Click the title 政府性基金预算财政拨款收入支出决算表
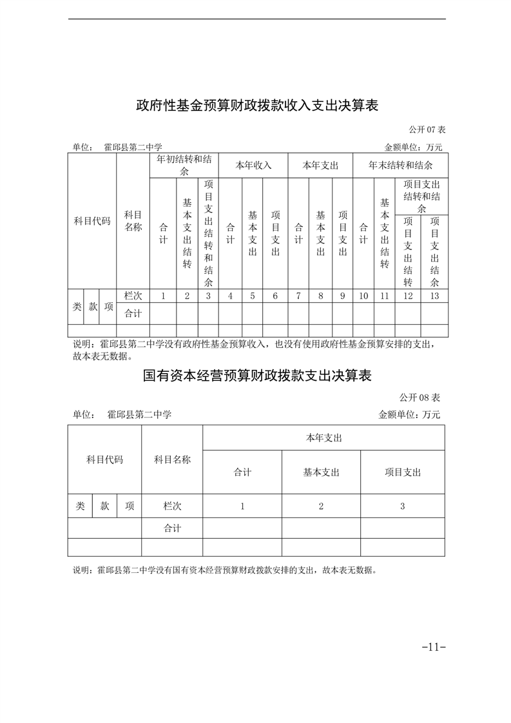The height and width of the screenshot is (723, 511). [x=256, y=105]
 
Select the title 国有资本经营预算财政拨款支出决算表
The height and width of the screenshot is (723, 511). [x=256, y=375]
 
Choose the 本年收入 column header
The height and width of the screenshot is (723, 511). [x=253, y=165]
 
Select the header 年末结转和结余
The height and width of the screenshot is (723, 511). [x=400, y=165]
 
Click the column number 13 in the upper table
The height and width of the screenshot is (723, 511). [x=434, y=296]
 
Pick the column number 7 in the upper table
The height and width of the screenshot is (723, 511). [x=298, y=296]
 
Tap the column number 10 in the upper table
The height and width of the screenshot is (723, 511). [x=363, y=296]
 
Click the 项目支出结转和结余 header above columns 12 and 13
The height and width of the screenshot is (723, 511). [x=421, y=197]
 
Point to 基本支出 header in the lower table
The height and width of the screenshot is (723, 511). [x=321, y=472]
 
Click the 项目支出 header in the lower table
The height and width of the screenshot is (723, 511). [x=402, y=472]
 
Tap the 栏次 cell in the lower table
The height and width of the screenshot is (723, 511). [x=172, y=506]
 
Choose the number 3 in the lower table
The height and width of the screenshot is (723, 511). [x=402, y=506]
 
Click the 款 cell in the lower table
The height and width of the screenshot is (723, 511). [x=104, y=506]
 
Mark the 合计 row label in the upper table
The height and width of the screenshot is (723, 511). [x=133, y=314]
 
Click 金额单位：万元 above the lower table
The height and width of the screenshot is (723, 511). [x=409, y=415]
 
